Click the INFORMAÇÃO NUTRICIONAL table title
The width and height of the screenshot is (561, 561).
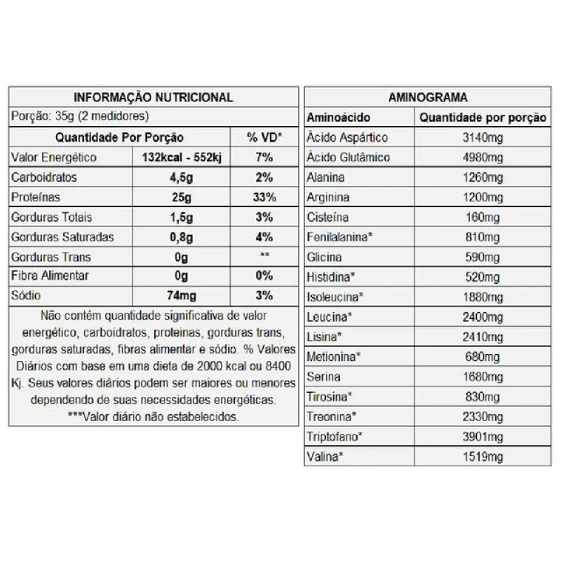pos(154,97)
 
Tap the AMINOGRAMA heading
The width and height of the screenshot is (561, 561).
pos(428,97)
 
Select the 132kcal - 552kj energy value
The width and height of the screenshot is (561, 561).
pos(182,158)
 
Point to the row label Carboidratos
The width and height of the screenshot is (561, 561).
pos(44,177)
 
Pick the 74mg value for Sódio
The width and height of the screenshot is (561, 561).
pos(182,297)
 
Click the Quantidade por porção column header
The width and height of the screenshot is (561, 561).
pos(482,118)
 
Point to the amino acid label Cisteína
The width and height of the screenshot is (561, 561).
pos(327,217)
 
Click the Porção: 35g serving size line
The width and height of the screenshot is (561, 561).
pos(79,117)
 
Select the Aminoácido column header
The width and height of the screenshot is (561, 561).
pos(339,118)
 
